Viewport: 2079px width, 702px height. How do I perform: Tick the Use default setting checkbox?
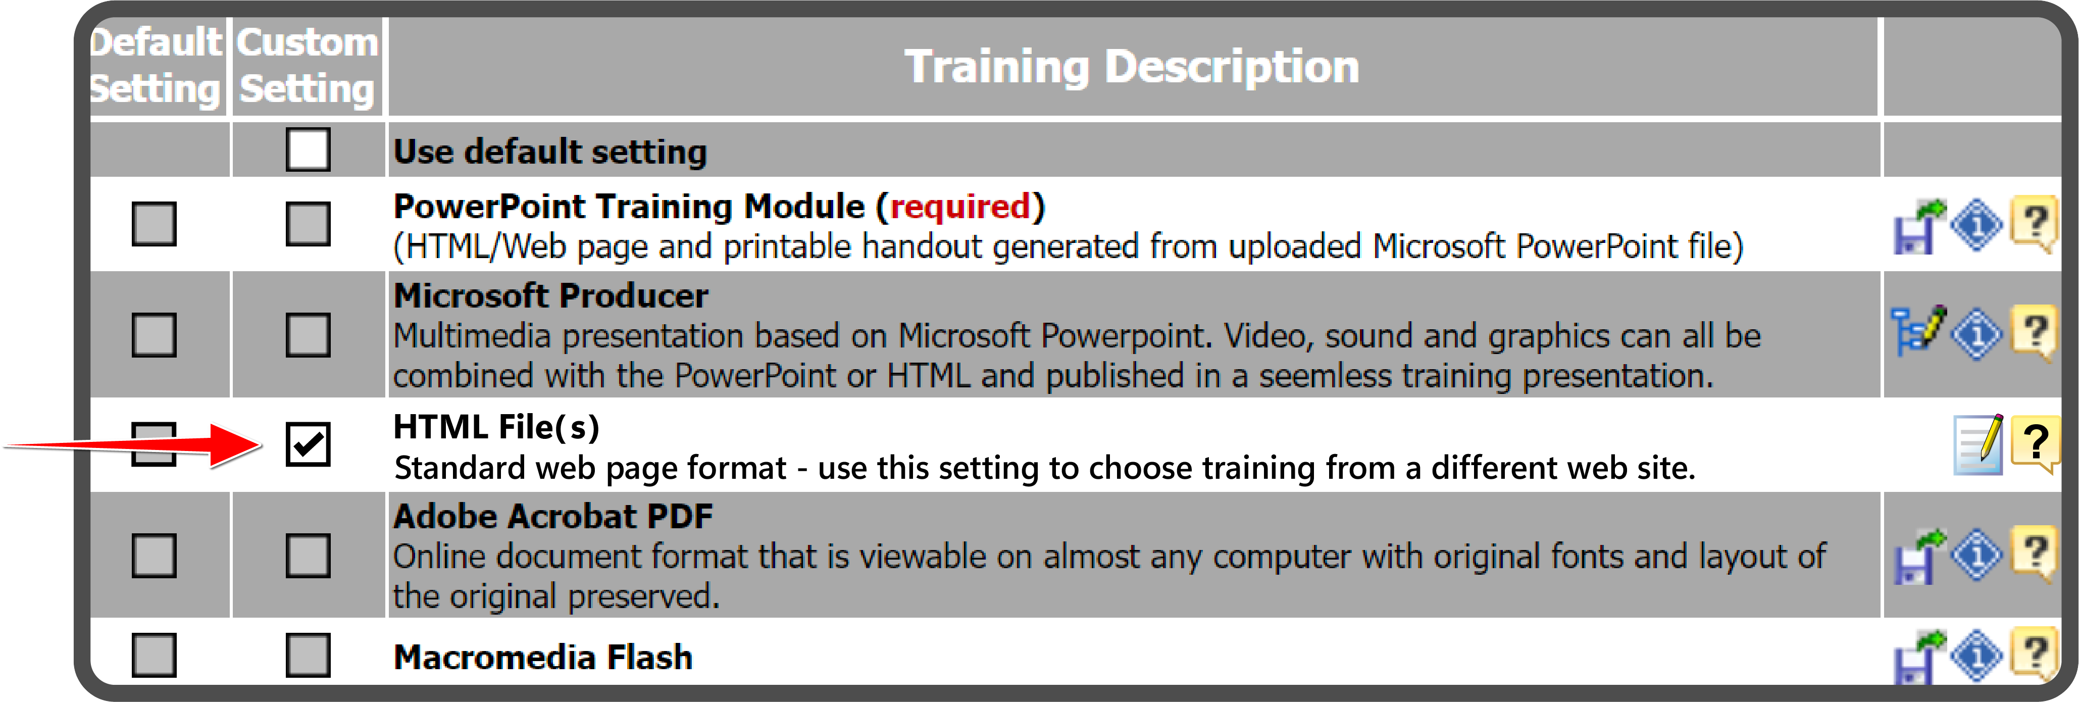pos(308,149)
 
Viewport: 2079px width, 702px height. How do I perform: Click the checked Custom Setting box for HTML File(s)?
pos(308,444)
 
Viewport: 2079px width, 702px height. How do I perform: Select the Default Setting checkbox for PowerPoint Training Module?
pos(154,224)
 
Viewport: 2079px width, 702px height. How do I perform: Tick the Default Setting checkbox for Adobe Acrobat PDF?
pos(154,555)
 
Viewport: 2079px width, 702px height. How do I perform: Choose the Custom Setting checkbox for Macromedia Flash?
pos(308,655)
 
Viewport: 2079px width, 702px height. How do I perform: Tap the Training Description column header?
pos(1132,66)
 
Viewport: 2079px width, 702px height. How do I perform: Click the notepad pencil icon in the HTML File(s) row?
pos(1978,444)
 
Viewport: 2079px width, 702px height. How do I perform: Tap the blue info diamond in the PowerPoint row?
pos(1976,225)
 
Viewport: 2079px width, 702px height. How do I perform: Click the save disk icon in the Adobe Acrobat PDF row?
pos(1919,556)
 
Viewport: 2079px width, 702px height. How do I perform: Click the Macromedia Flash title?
pos(542,657)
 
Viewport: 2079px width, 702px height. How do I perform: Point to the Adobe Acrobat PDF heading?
pos(553,517)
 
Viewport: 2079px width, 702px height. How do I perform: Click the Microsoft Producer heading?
pos(550,295)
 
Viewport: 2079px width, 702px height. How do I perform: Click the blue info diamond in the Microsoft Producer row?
pos(1976,333)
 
